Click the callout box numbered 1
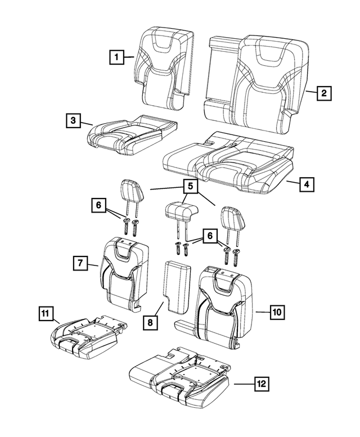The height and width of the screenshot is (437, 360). (116, 57)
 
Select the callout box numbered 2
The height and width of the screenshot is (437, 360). (323, 93)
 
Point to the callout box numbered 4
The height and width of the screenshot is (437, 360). (307, 184)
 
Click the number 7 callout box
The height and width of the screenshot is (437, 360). (81, 262)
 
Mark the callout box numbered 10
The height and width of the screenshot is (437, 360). (276, 310)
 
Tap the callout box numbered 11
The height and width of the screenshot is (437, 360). (46, 314)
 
